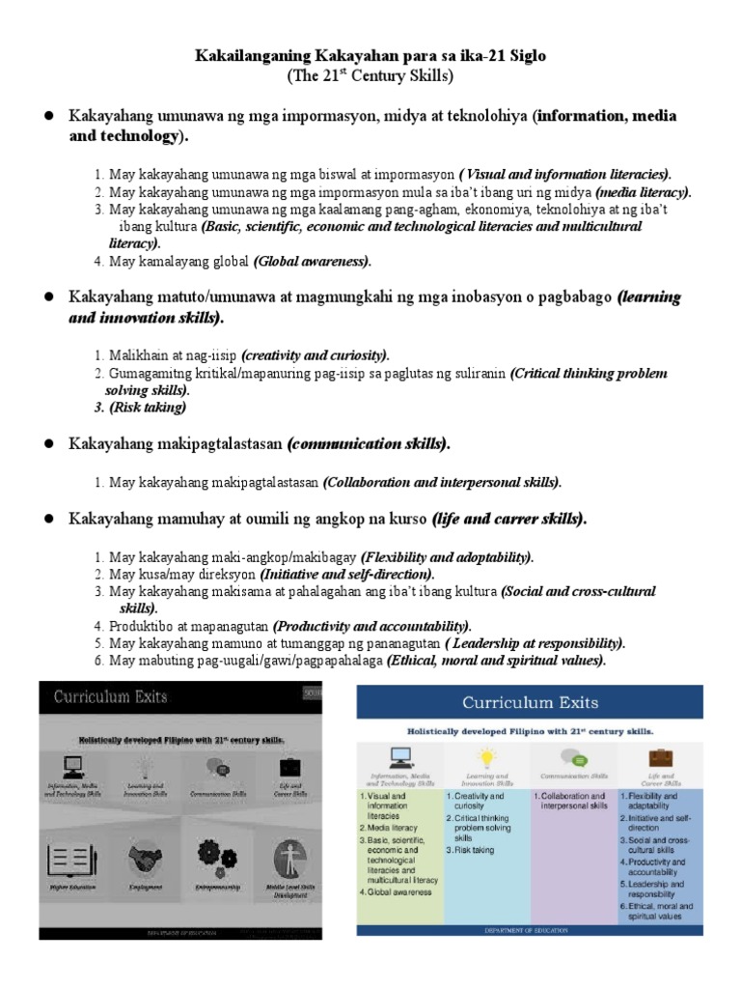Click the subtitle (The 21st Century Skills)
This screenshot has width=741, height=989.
(x=370, y=75)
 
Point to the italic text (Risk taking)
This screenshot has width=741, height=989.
(x=148, y=408)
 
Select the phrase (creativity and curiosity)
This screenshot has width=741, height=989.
(x=316, y=354)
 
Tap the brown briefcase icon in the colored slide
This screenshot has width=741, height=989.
(x=661, y=758)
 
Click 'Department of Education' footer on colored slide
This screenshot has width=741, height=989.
(x=530, y=930)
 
